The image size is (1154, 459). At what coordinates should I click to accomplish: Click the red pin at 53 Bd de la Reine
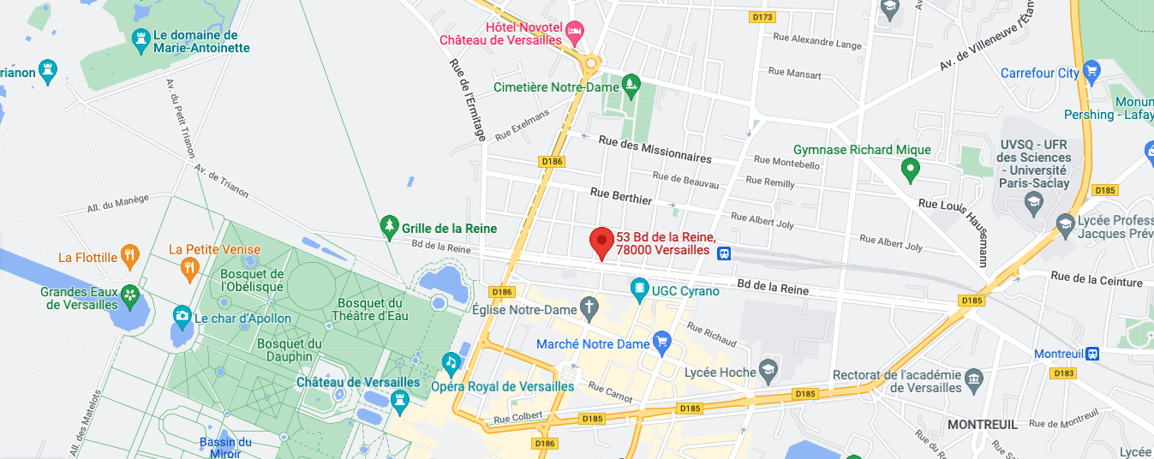tap(601, 241)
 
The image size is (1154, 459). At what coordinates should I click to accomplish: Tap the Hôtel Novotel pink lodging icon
tap(575, 32)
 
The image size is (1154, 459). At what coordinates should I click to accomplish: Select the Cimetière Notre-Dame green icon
tap(631, 83)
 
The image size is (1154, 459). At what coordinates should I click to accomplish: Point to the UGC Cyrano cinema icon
tap(639, 288)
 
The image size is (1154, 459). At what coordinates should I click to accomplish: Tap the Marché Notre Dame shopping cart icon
tap(661, 343)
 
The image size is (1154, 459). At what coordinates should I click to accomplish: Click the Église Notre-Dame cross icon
tap(589, 306)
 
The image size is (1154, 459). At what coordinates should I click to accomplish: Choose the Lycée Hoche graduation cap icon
tap(768, 368)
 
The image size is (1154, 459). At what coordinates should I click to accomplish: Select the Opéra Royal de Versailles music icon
tap(451, 363)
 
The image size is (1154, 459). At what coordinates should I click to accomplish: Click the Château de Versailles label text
tap(358, 381)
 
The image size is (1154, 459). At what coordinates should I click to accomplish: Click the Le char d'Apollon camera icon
tap(182, 316)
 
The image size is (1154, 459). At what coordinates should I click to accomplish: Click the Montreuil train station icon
tap(1092, 354)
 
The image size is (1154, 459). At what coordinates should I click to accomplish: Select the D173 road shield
tap(761, 17)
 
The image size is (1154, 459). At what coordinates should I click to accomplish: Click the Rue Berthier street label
tap(621, 196)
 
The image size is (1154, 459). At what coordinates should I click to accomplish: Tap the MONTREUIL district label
tap(982, 424)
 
